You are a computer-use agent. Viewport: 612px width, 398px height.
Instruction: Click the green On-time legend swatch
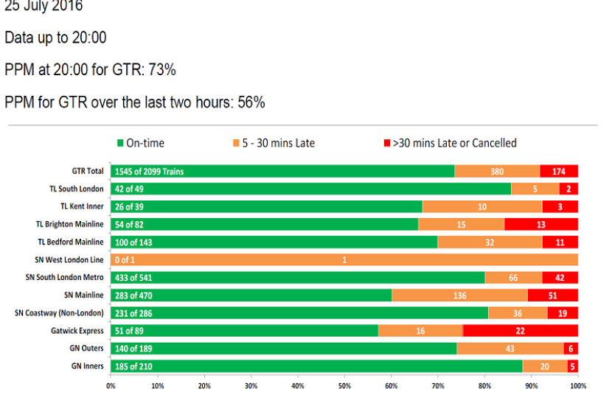click(121, 143)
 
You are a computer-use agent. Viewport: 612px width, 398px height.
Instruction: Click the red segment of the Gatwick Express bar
click(520, 331)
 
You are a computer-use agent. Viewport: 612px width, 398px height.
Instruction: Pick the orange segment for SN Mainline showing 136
click(459, 295)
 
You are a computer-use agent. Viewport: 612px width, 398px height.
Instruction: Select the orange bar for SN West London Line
click(344, 259)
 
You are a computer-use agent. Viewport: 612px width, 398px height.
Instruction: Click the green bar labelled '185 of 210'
click(316, 366)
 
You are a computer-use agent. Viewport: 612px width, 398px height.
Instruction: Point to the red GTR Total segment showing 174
click(559, 171)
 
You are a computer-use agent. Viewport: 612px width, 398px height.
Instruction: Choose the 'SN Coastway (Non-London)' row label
click(59, 313)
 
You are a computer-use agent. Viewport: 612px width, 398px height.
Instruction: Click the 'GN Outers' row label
click(87, 348)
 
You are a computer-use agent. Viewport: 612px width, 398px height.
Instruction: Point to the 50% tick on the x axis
click(344, 385)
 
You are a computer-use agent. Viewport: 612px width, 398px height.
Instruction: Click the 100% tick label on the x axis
click(577, 385)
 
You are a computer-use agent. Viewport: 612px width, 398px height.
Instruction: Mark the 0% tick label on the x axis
click(111, 385)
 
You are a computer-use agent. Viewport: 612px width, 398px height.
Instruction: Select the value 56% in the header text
click(251, 102)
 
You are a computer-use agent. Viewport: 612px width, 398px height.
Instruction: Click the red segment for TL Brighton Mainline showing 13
click(541, 224)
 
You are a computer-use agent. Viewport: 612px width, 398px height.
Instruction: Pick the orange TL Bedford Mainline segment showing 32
click(490, 242)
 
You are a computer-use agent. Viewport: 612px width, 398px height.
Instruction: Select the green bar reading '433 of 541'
click(298, 277)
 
